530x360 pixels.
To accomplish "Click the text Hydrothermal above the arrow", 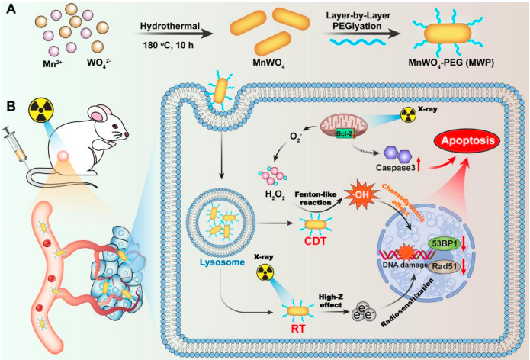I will pos(171,28).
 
